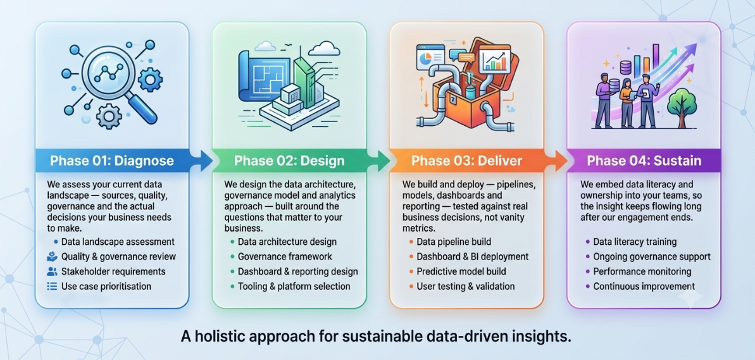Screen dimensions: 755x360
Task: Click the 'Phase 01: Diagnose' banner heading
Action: coord(112,160)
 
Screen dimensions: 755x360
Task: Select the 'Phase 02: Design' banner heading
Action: coord(289,160)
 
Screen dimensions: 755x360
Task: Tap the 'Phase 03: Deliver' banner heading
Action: coord(466,160)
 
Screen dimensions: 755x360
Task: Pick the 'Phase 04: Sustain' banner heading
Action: coord(644,160)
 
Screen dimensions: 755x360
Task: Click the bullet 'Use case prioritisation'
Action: coord(106,287)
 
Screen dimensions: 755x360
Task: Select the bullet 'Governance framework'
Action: coord(285,256)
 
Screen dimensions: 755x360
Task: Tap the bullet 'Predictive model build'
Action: coord(461,271)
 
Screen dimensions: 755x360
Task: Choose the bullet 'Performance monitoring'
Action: coord(642,271)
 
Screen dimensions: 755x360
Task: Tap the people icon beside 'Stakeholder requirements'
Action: coord(51,271)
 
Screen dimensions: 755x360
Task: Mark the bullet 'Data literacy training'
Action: coord(635,242)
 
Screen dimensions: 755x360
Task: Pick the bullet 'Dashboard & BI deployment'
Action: coord(472,256)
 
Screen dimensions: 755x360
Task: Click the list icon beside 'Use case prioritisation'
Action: coord(51,287)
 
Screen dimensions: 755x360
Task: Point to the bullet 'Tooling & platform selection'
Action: coord(294,287)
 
